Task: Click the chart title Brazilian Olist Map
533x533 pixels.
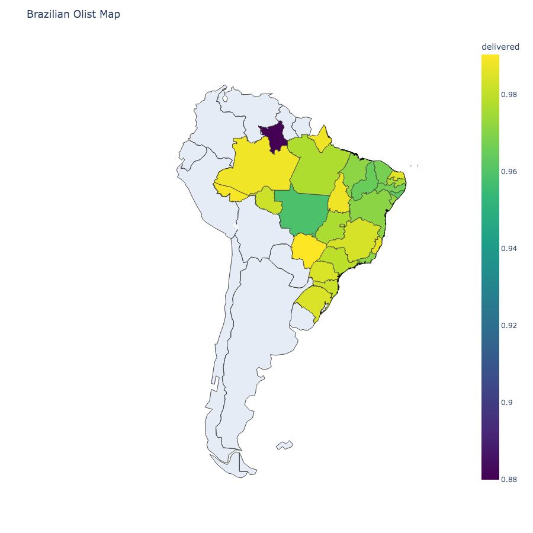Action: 73,14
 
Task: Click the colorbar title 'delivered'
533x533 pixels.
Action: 500,47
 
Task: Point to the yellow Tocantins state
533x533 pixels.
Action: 339,195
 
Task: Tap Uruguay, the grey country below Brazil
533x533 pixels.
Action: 303,317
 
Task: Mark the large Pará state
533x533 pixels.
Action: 317,169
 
